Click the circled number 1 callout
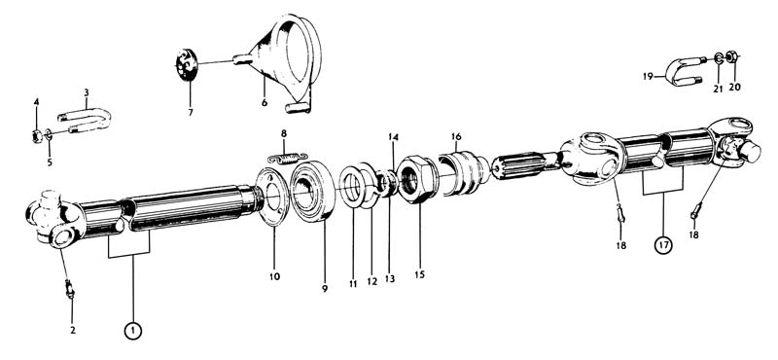point(133,330)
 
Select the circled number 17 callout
point(664,244)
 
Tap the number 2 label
point(72,330)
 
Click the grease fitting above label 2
point(70,289)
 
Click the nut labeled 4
point(37,135)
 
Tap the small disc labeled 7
point(187,64)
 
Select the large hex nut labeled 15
point(418,178)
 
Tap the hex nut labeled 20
point(731,56)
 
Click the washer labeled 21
point(719,58)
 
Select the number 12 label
point(372,282)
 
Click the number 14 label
point(394,136)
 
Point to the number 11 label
point(353,284)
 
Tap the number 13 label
point(390,279)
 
